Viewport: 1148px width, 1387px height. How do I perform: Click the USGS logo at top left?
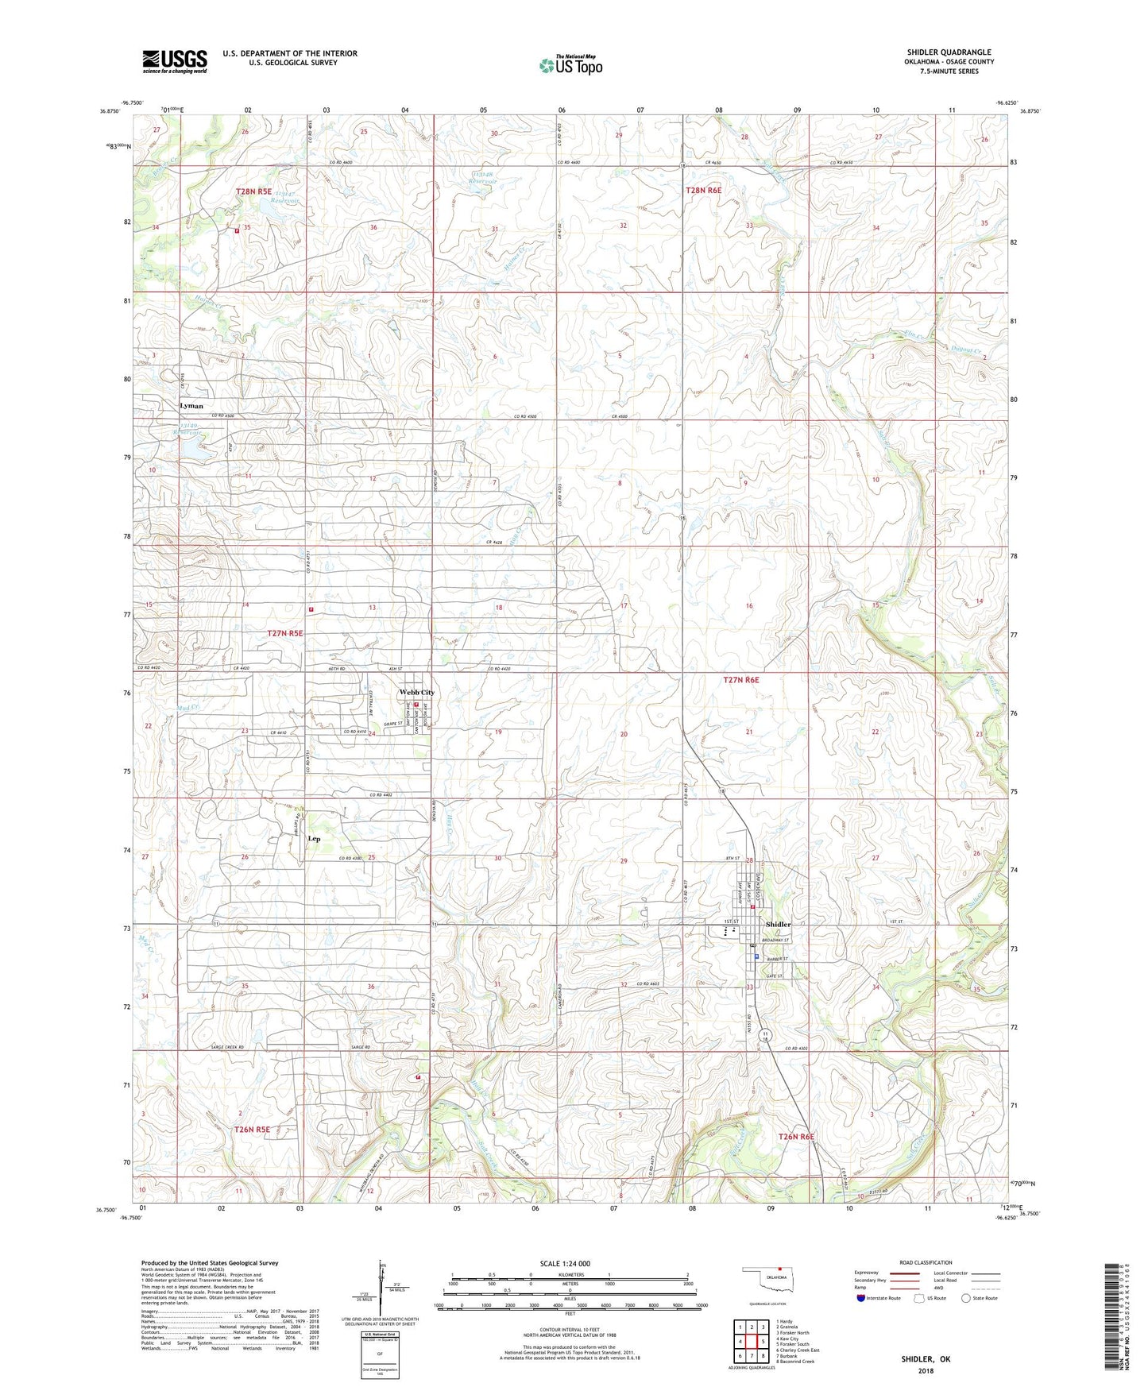(x=174, y=61)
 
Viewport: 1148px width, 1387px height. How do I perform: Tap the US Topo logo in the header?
(x=570, y=65)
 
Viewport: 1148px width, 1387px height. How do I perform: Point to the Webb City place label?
(x=416, y=692)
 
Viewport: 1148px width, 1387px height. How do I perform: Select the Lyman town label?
(x=191, y=405)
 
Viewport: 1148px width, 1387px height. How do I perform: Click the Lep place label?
(x=314, y=838)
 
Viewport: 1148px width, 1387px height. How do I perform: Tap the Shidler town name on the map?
(x=778, y=924)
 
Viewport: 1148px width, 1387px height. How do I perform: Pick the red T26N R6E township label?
(x=795, y=1137)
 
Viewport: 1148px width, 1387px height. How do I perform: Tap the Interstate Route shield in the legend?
(x=860, y=1299)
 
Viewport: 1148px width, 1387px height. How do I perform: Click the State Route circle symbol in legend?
(x=965, y=1299)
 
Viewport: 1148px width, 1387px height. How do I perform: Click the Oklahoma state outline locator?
(x=767, y=1280)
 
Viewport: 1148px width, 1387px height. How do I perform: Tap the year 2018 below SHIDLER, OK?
(x=926, y=1370)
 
